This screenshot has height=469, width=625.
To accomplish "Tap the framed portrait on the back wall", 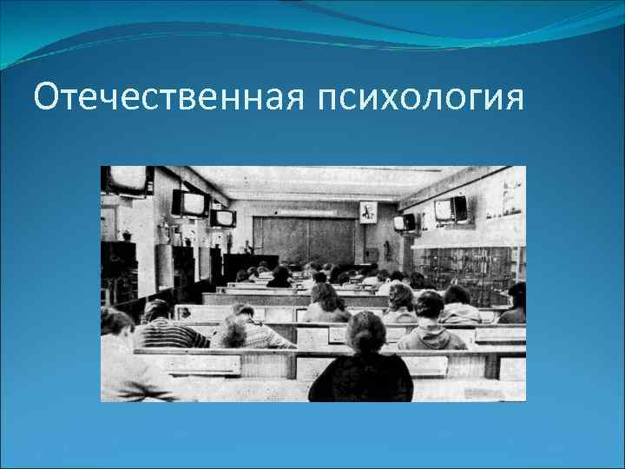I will click(367, 213).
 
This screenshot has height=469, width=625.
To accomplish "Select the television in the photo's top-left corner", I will click(127, 181).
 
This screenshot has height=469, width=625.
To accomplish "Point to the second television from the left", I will click(190, 203).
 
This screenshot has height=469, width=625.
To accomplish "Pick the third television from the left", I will click(222, 218).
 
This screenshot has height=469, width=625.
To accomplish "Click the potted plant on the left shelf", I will click(127, 234).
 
